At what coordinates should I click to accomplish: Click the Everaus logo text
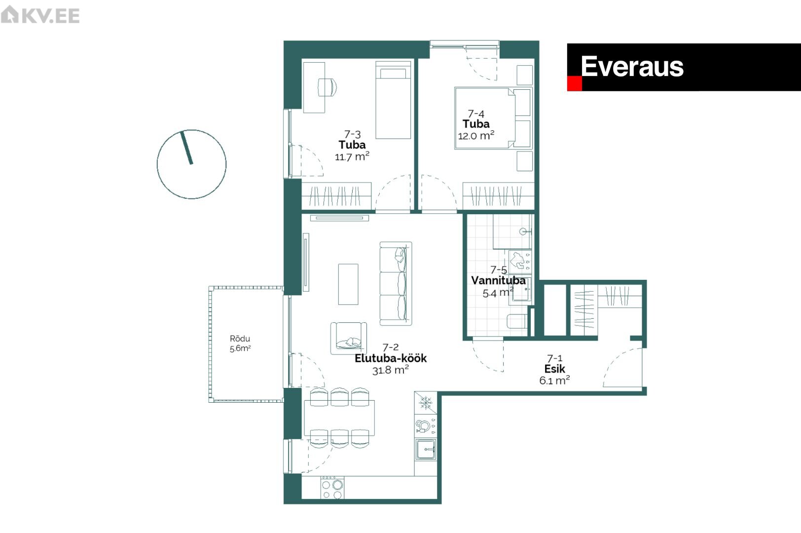pos(632,67)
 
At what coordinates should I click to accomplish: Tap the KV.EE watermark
pos(40,15)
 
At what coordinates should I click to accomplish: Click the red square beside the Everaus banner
pos(574,83)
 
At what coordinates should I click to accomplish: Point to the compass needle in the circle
pos(186,148)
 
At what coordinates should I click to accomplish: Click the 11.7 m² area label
pos(352,156)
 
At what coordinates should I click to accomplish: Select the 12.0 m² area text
pos(476,136)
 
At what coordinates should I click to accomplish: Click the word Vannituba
pos(498,280)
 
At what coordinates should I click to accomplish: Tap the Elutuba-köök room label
pos(391,358)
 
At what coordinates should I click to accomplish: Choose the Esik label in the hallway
pos(554,369)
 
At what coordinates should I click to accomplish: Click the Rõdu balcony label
pos(240,339)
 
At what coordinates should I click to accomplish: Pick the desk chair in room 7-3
pos(327,87)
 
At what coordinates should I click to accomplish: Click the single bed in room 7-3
pos(393,100)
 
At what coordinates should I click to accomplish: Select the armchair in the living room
pos(348,339)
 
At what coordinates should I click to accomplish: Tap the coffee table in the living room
pos(348,284)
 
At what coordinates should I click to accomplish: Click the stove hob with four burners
pos(332,488)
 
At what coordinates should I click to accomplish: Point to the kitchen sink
pos(426,450)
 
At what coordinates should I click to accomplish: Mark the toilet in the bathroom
pos(517,321)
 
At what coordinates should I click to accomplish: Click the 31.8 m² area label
pos(391,370)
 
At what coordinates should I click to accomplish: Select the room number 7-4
pos(476,114)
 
